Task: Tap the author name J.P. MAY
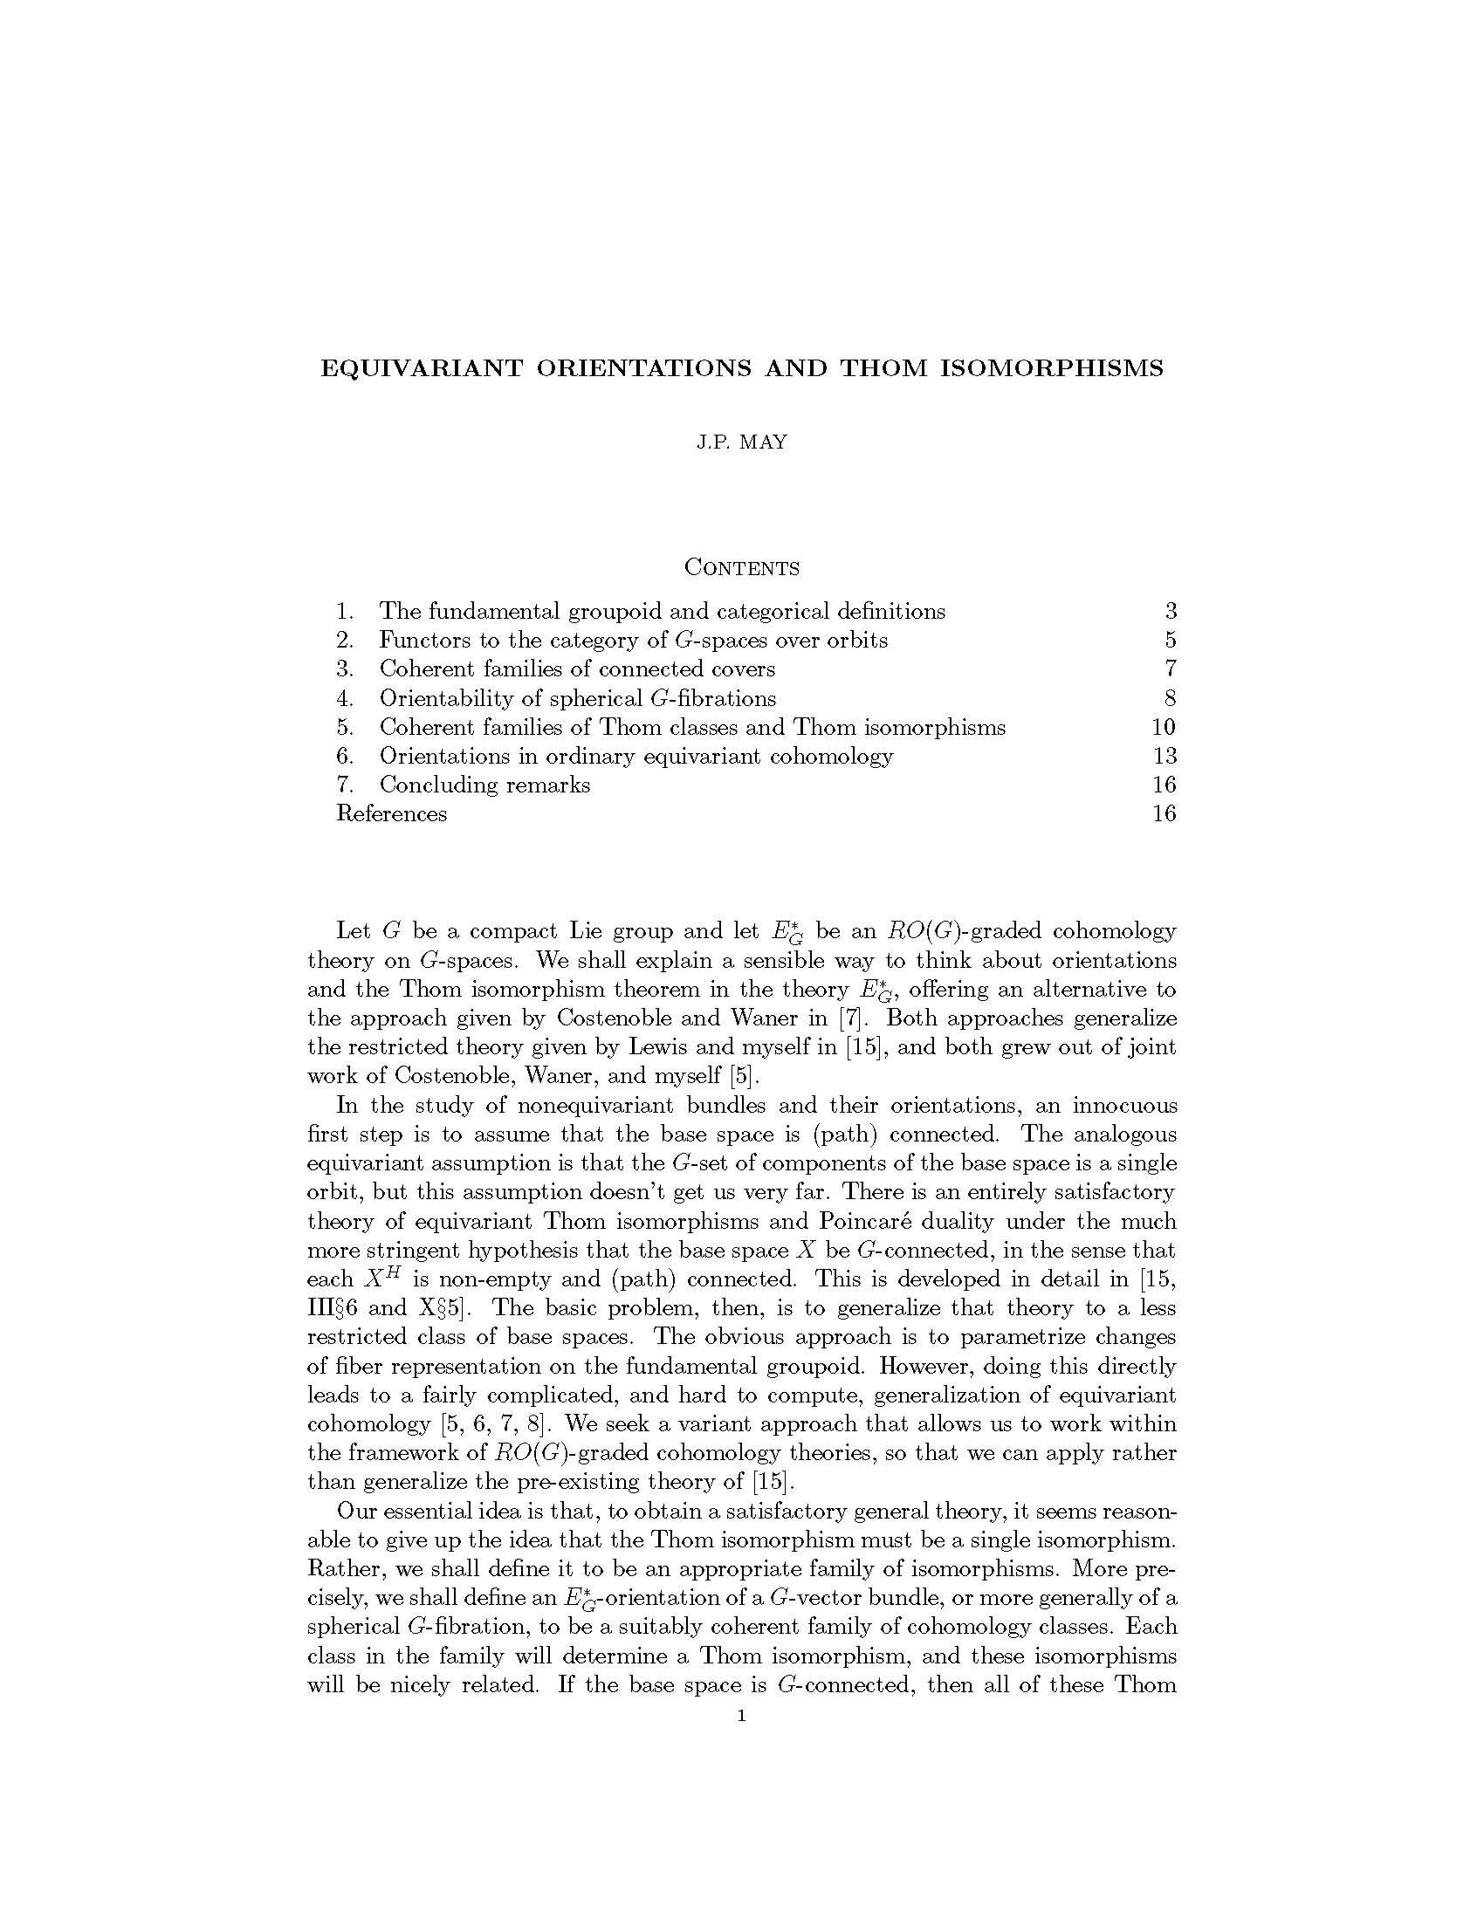(741, 443)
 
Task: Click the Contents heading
(741, 568)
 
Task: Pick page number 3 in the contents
(1170, 611)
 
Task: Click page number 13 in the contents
(1164, 755)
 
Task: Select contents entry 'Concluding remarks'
(484, 785)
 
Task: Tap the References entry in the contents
(391, 813)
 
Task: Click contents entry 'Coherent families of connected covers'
(577, 669)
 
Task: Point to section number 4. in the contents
(345, 698)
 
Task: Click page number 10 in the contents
(1164, 727)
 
